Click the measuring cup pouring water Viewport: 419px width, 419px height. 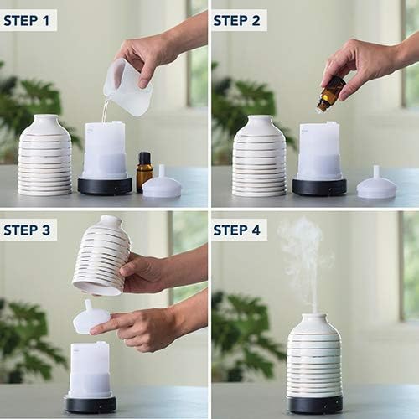click(x=127, y=87)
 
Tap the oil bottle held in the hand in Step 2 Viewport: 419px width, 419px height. click(x=330, y=94)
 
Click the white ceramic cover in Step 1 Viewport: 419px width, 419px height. click(x=45, y=156)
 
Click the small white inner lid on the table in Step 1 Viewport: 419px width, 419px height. click(x=162, y=184)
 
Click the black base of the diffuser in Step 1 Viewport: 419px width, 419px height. click(x=105, y=186)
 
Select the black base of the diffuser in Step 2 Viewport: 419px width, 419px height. click(x=319, y=186)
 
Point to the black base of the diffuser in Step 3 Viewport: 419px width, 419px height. click(x=91, y=404)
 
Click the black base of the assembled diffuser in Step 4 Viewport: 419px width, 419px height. click(x=314, y=404)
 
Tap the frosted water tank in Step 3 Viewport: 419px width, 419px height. click(x=90, y=369)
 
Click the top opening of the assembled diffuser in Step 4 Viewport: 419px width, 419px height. click(x=314, y=317)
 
